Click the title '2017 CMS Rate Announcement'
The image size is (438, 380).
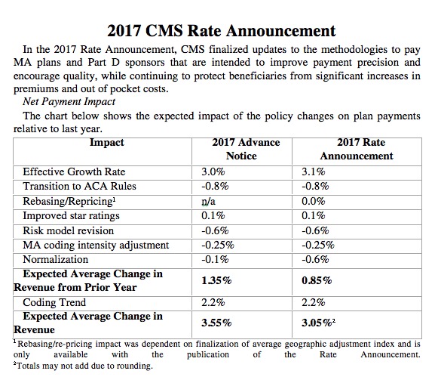(x=221, y=31)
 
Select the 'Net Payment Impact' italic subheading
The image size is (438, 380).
(x=69, y=102)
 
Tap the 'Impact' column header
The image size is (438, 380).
(x=107, y=143)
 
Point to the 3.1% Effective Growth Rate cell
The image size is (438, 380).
(x=313, y=171)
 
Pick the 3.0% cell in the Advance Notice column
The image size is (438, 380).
(x=213, y=171)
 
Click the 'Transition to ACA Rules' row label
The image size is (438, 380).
(x=79, y=186)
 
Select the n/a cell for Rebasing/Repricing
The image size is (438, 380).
(x=208, y=202)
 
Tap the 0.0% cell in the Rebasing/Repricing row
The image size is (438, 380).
(x=314, y=202)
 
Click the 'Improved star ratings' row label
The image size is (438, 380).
(x=71, y=216)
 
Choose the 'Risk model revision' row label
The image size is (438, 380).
(x=69, y=230)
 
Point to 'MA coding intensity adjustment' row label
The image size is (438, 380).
(x=96, y=246)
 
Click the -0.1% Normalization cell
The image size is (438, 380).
(x=215, y=260)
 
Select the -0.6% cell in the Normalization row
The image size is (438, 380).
(x=315, y=260)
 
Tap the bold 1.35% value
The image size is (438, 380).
(x=216, y=280)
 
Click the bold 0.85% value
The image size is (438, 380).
(x=317, y=280)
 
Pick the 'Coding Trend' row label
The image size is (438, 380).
(x=54, y=303)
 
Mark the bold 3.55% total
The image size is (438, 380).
(x=216, y=323)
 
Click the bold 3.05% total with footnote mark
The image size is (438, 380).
(x=318, y=323)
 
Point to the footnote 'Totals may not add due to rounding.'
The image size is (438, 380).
(x=83, y=366)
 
